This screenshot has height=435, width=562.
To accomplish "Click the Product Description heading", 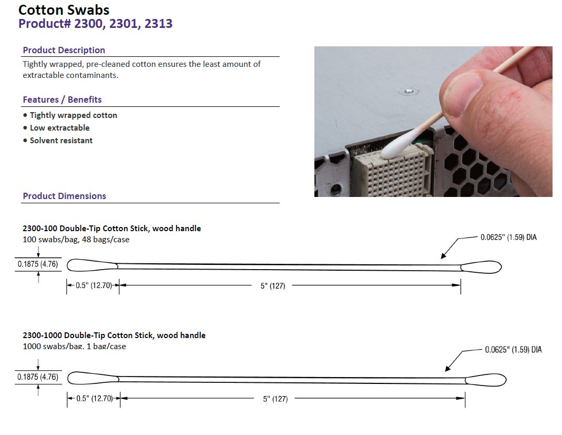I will coord(64,50).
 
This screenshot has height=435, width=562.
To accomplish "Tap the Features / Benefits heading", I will coord(62,100).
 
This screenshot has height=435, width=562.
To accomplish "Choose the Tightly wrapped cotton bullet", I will coord(73,115).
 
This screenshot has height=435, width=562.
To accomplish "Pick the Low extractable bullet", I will coord(59,128).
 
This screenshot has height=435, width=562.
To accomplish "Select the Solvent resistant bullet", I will coord(61,141).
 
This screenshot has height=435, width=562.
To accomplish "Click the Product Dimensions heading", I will coord(64,196).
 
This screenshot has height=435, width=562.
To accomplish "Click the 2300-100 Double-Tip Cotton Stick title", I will coord(111,229).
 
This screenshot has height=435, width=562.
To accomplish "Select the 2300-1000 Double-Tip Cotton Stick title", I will coord(114,335).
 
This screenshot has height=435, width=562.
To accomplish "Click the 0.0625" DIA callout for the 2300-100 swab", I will coord(508,238).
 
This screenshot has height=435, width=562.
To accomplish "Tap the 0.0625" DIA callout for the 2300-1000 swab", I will coord(513,350).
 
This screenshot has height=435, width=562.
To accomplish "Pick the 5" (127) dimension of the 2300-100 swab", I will coord(272,286).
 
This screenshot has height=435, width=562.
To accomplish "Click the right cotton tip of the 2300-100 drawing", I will coord(481,266).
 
